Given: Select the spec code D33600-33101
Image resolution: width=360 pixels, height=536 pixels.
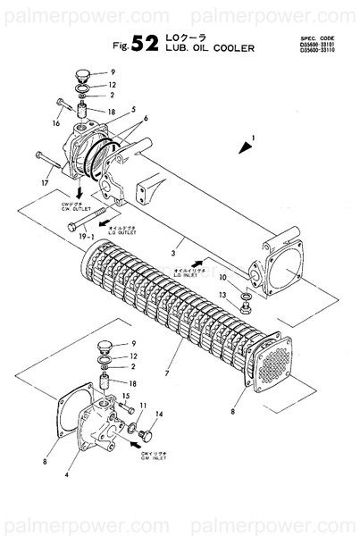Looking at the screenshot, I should pos(323,45).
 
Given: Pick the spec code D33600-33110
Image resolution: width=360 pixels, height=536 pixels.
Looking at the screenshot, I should pos(323,51).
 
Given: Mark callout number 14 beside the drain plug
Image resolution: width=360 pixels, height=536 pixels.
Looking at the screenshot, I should pos(159,415).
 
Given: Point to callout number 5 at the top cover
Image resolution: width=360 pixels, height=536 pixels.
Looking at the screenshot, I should pos(132,111).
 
